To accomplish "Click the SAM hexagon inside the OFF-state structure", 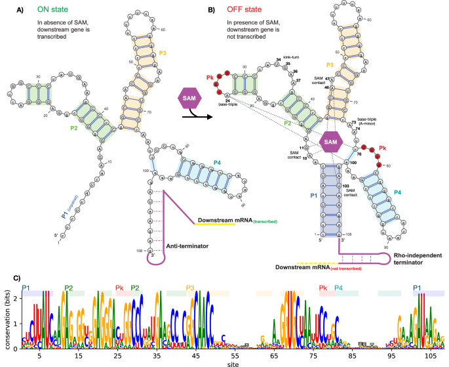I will pyautogui.click(x=332, y=142).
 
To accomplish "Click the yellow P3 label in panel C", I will pyautogui.click(x=190, y=288).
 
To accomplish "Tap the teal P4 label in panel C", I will pyautogui.click(x=338, y=288).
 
